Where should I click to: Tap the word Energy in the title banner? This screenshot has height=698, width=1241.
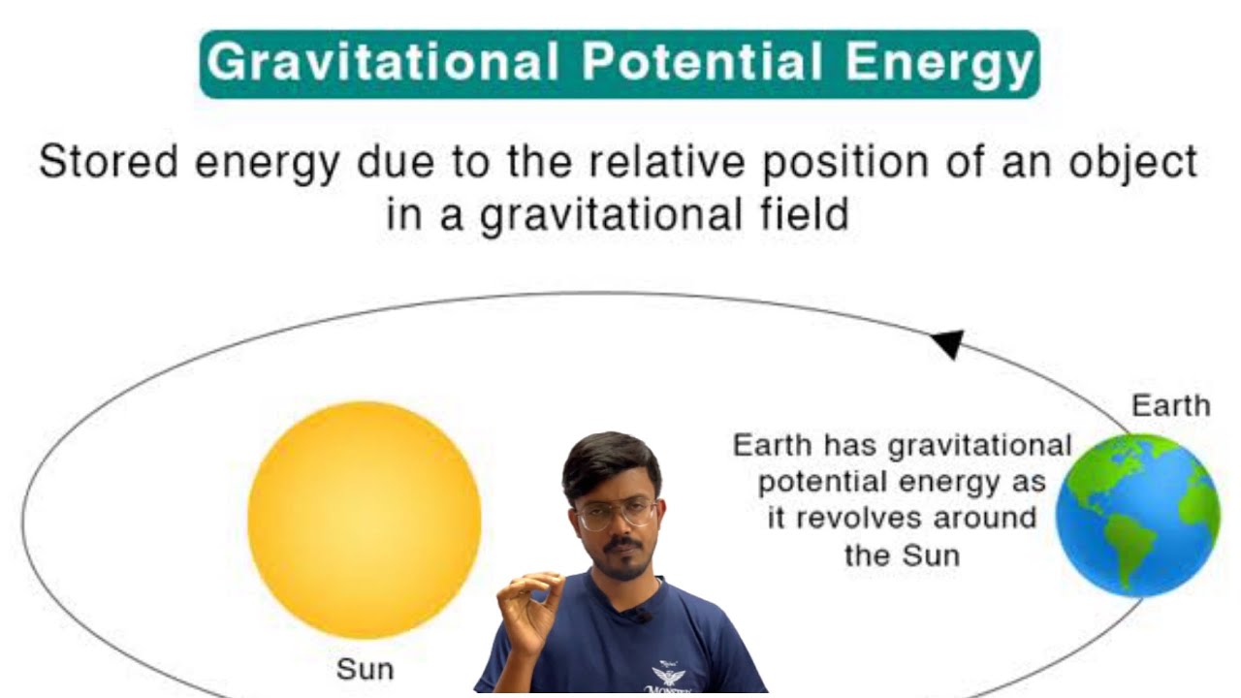[x=938, y=63]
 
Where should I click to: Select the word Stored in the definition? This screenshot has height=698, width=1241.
[x=108, y=162]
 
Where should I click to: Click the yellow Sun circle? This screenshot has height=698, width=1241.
[x=365, y=520]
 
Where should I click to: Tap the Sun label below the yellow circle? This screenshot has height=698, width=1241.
[x=365, y=669]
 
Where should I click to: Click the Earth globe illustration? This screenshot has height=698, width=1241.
[x=1137, y=515]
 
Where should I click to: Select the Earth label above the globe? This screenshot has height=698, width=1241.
[x=1170, y=405]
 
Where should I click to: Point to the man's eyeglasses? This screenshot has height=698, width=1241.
[x=616, y=513]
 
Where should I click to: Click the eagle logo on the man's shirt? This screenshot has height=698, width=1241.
[x=669, y=675]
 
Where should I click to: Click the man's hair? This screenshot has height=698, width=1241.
[x=611, y=462]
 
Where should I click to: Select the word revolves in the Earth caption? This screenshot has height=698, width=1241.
[x=853, y=518]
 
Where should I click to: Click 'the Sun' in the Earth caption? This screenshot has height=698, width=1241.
[x=901, y=555]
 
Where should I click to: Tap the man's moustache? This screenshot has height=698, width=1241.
[x=622, y=546]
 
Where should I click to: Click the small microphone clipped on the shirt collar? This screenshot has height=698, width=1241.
[x=640, y=614]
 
